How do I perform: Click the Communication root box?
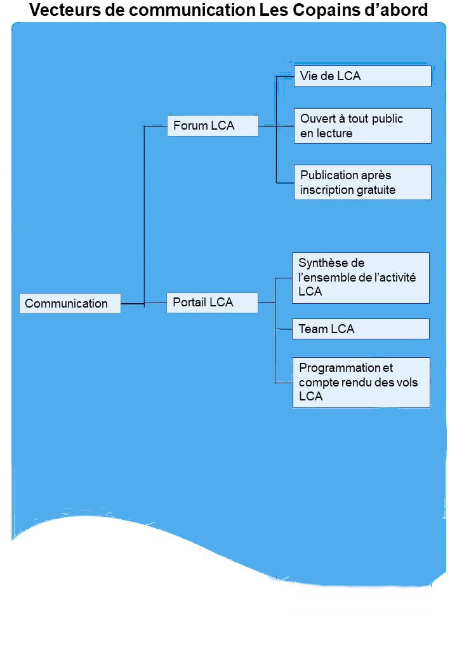point(70,303)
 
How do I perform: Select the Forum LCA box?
point(213,126)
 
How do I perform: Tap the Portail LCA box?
point(212,303)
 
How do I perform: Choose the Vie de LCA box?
point(362,76)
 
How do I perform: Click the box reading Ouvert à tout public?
point(362,126)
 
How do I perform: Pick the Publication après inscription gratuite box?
point(362,182)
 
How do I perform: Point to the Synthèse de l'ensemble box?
point(361,278)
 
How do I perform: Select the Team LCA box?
point(361,329)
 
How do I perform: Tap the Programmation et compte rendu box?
point(361,382)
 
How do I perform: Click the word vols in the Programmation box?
point(406,382)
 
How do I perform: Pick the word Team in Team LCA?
point(313,329)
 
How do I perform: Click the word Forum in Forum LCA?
point(190,126)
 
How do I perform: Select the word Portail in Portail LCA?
point(189,303)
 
